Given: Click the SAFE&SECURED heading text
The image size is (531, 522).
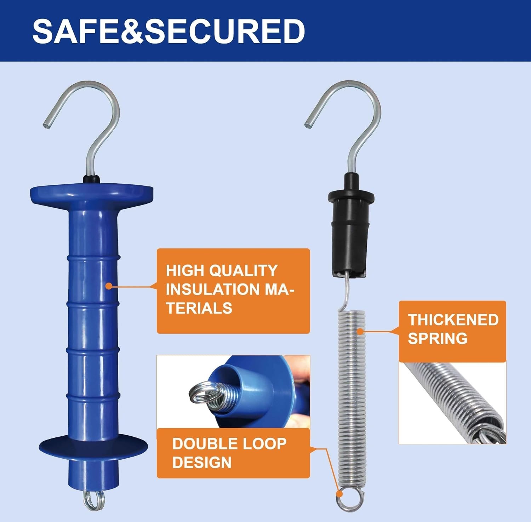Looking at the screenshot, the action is tap(169, 31).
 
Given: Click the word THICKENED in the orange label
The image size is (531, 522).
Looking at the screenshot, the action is tap(453, 320).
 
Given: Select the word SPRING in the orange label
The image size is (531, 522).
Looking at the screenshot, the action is tap(438, 338).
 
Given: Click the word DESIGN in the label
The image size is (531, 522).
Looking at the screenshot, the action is tap(202, 463).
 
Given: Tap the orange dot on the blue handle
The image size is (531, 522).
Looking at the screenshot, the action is tap(109, 285).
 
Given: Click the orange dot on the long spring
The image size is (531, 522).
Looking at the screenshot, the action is tap(360, 331).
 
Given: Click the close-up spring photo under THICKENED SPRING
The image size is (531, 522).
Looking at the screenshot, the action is tap(452, 403).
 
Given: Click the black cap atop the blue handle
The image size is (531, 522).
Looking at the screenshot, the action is tap(92, 179).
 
